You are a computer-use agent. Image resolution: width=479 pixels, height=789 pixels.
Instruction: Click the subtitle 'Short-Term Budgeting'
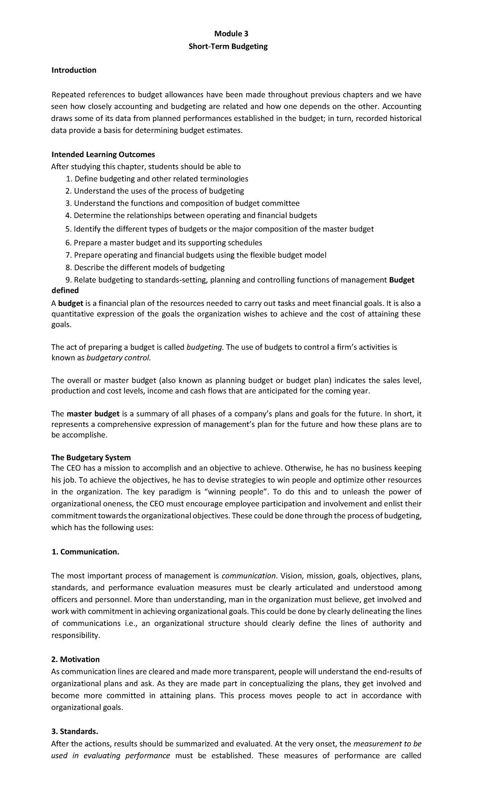pyautogui.click(x=228, y=46)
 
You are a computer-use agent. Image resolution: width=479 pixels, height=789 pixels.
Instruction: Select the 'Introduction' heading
pyautogui.click(x=74, y=70)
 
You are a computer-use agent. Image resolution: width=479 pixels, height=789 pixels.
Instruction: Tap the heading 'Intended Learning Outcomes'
pyautogui.click(x=103, y=155)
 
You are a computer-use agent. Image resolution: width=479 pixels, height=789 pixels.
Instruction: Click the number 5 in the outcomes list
pyautogui.click(x=67, y=229)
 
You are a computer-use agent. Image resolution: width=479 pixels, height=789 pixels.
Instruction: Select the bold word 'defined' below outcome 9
pyautogui.click(x=65, y=290)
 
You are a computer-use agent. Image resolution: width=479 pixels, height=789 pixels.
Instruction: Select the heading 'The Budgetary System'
pyautogui.click(x=91, y=457)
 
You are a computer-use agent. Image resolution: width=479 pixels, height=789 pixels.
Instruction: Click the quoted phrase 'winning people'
pyautogui.click(x=238, y=492)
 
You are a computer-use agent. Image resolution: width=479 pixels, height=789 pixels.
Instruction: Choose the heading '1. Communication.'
pyautogui.click(x=85, y=552)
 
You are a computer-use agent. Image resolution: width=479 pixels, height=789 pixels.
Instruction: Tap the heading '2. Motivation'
pyautogui.click(x=75, y=659)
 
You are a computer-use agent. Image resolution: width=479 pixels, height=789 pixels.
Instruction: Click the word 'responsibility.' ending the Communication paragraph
pyautogui.click(x=75, y=635)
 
